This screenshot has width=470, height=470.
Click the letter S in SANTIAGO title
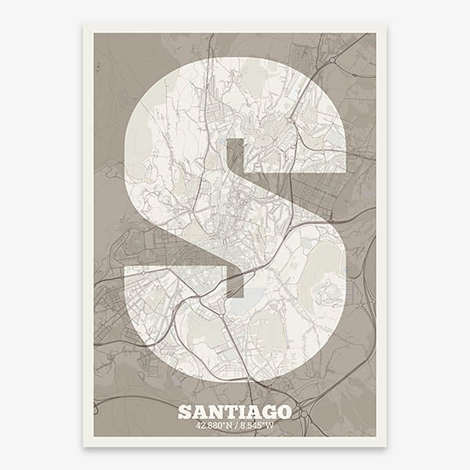[184, 412]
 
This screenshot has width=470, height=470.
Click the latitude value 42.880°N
[215, 427]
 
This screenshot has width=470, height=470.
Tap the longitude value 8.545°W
[258, 427]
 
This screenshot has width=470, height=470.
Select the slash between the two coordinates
[237, 427]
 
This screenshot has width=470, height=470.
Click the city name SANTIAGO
[234, 412]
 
